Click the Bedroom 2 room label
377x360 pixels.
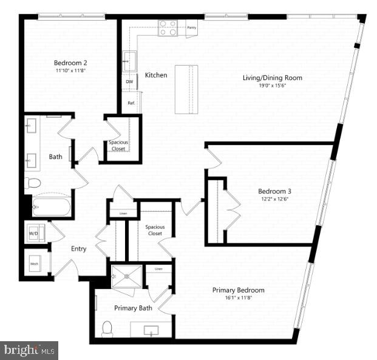click(70, 63)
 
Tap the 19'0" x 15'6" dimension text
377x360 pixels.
click(263, 87)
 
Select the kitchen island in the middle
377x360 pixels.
click(186, 89)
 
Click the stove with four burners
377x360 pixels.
click(168, 27)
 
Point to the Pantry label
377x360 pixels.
click(191, 27)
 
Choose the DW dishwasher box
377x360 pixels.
click(129, 81)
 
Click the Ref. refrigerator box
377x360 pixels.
click(131, 103)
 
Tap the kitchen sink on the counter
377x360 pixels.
click(129, 61)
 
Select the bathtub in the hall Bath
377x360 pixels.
click(51, 206)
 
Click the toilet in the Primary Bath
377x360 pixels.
click(107, 328)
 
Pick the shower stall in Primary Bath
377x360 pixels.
click(126, 277)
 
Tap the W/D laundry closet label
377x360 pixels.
click(34, 233)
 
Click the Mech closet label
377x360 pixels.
click(35, 264)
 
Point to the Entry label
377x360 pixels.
click(78, 249)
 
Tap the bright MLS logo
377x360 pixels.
click(29, 350)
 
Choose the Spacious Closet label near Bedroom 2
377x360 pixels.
click(118, 145)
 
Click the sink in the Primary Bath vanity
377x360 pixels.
click(151, 331)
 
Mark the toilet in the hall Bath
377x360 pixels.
click(33, 182)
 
